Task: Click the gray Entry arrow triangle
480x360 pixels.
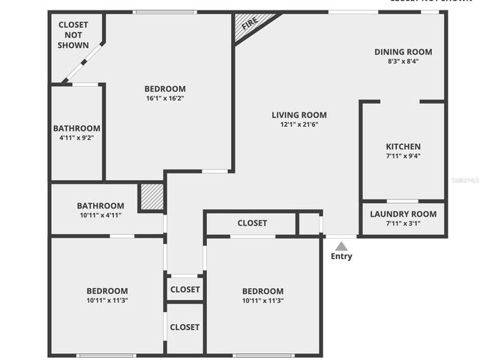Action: pos(341,246)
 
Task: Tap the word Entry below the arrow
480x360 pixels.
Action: pos(341,256)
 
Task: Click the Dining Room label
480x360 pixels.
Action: pos(403,52)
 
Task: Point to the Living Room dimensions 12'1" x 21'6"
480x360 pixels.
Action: pos(299,124)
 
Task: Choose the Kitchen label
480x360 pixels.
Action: pos(403,146)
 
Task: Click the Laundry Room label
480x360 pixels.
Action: pos(403,214)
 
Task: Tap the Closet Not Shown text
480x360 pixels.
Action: pos(73,35)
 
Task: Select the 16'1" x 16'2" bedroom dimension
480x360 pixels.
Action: pos(165,98)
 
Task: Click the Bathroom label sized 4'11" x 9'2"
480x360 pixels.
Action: pos(76,128)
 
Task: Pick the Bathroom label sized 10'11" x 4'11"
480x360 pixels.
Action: pos(100,205)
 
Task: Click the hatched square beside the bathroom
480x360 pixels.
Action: pos(151,198)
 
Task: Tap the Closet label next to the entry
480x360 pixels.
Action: pos(252,223)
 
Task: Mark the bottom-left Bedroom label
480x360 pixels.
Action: pos(107,291)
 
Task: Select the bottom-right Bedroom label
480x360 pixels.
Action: pos(262,291)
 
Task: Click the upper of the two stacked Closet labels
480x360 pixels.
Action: pos(184,289)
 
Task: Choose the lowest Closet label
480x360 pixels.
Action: pos(184,327)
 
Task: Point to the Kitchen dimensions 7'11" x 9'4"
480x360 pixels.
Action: pos(403,157)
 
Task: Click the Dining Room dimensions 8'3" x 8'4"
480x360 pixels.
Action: pos(403,61)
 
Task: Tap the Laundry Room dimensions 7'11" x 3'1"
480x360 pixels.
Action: pos(403,223)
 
